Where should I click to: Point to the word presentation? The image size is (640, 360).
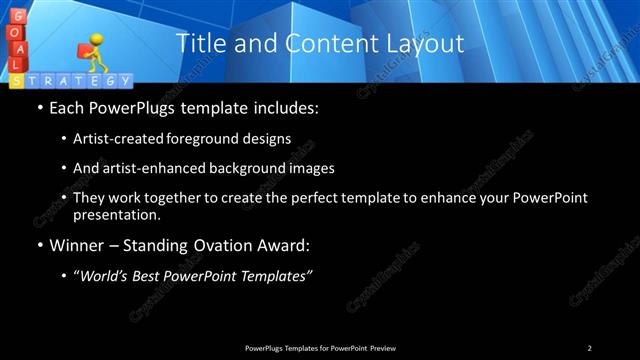117,214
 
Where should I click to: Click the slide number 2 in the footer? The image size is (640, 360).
590,348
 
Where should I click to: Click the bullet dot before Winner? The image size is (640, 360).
39,246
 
